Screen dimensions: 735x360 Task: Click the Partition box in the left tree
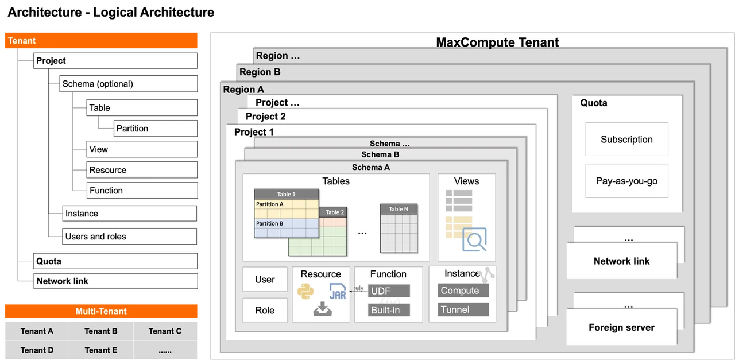tap(155, 128)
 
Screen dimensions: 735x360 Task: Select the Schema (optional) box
tap(128, 84)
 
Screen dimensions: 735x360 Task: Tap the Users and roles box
tap(130, 237)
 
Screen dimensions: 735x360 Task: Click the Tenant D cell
tap(37, 350)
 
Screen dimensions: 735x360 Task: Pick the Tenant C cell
tap(165, 331)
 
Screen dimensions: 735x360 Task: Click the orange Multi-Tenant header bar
tap(101, 311)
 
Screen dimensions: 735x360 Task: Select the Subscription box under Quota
tap(626, 139)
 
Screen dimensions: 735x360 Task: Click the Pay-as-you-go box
tap(626, 181)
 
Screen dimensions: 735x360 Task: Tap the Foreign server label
tap(621, 327)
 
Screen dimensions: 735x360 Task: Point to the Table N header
tap(399, 209)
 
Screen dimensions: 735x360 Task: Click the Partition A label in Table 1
tap(270, 204)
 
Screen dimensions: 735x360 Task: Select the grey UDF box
tap(389, 291)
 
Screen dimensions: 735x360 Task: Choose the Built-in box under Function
tap(389, 310)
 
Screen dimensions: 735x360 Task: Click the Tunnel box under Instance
tap(463, 309)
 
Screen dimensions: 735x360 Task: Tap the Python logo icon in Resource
tap(305, 291)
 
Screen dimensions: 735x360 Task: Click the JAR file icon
tap(338, 292)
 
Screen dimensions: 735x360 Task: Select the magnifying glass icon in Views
tap(474, 240)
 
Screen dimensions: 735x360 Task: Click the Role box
tap(265, 310)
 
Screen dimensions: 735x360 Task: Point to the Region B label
tap(260, 72)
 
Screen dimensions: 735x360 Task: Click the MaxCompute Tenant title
tap(497, 42)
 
